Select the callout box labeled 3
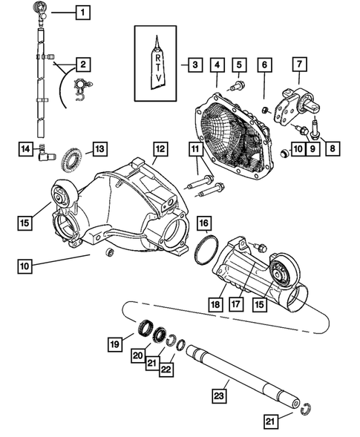194,65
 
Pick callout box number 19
115,344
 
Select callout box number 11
194,151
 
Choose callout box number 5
239,65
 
